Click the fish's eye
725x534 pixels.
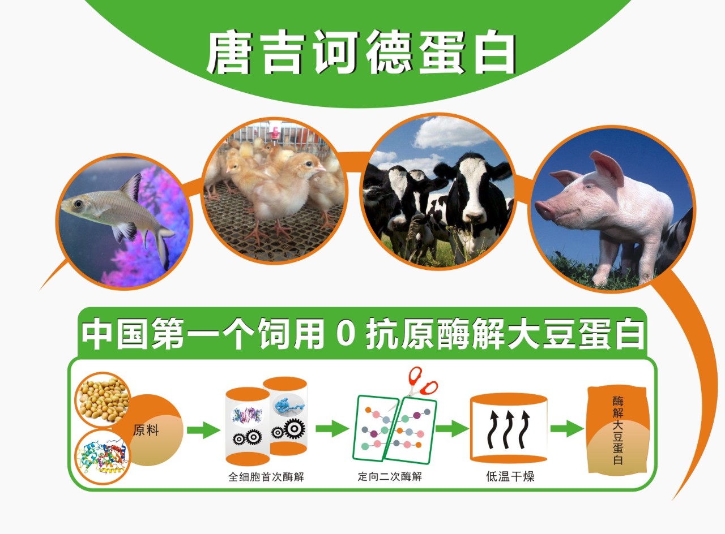[78, 204]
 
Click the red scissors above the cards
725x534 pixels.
[420, 383]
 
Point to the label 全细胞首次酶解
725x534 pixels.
[266, 477]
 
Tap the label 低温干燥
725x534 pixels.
[510, 476]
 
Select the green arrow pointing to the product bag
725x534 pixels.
[567, 429]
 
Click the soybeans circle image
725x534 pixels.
[103, 400]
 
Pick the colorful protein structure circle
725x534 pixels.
[103, 457]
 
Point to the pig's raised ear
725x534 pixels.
[606, 167]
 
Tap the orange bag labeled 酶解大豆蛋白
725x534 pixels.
[618, 431]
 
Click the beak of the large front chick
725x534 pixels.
[320, 169]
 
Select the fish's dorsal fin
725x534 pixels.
[132, 187]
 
